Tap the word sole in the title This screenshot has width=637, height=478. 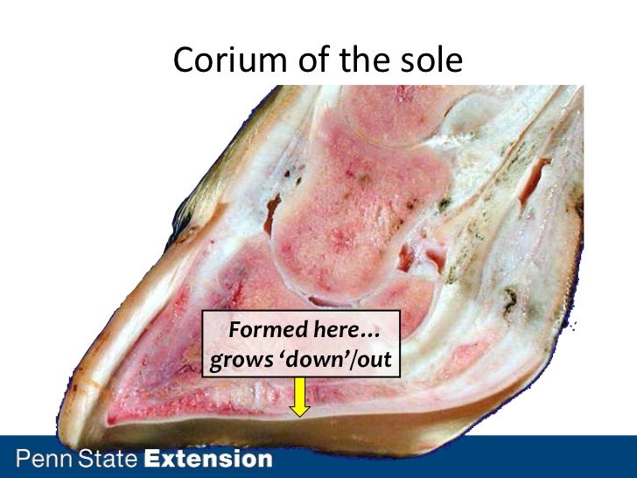pos(430,60)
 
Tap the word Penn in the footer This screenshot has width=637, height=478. pos(44,459)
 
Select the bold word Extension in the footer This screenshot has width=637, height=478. pos(207,459)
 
